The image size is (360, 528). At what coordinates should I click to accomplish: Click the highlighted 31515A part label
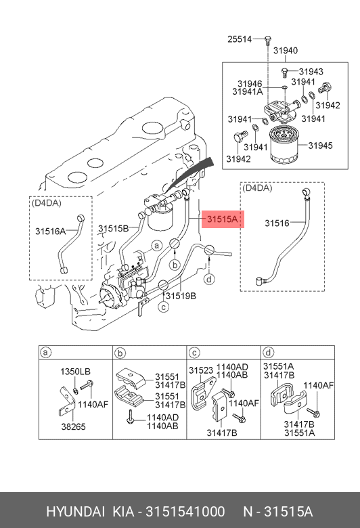[x=223, y=219]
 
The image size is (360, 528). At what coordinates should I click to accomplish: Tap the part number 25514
[x=240, y=39]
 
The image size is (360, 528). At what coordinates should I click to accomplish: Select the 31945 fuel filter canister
[x=285, y=145]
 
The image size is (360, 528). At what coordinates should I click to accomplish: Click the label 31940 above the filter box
[x=286, y=51]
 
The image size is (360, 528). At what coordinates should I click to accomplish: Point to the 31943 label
[x=311, y=71]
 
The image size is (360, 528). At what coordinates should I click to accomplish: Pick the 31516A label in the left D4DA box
[x=50, y=232]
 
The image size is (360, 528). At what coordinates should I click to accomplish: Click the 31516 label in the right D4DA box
[x=277, y=223]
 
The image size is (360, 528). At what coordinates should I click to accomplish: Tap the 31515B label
[x=113, y=229]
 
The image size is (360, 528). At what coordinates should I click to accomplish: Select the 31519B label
[x=181, y=296]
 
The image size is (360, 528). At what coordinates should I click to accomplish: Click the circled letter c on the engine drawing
[x=164, y=307]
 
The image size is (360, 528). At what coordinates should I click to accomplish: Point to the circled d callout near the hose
[x=210, y=279]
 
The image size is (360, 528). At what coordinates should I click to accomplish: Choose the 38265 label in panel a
[x=73, y=426]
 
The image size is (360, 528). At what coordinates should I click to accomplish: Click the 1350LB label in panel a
[x=75, y=372]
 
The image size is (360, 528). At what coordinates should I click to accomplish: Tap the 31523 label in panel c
[x=201, y=370]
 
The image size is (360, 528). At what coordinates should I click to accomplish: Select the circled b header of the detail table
[x=120, y=353]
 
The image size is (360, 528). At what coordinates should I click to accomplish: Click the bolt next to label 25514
[x=268, y=41]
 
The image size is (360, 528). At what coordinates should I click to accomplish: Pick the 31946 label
[x=250, y=83]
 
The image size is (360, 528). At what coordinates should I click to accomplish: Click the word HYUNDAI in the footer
[x=75, y=512]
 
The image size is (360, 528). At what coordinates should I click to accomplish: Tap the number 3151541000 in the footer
[x=185, y=512]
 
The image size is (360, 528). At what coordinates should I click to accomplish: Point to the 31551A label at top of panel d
[x=278, y=366]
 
